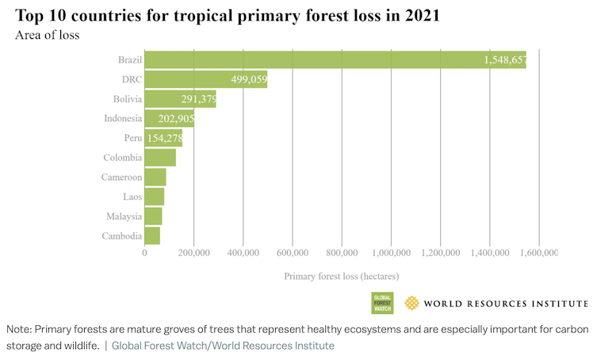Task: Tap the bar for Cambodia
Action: point(152,236)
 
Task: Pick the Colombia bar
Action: point(160,157)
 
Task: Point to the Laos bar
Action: point(154,196)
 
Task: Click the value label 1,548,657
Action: point(504,60)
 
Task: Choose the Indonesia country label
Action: point(123,119)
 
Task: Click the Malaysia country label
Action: point(124,216)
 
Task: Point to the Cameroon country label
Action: point(122,177)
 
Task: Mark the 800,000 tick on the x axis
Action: point(342,253)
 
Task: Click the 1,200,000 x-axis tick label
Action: point(440,253)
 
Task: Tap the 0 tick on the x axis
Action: point(144,253)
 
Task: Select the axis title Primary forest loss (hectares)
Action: point(342,277)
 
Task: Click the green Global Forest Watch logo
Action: point(383,303)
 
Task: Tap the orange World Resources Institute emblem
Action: point(411,303)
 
